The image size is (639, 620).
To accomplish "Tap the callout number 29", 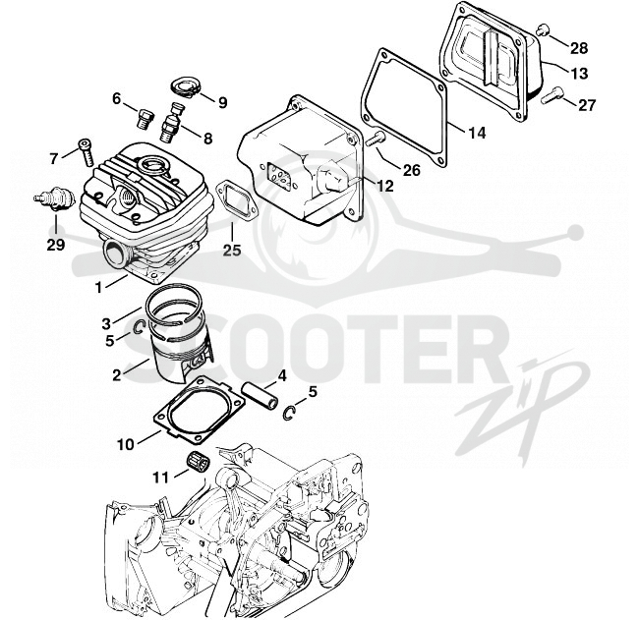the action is pyautogui.click(x=55, y=245).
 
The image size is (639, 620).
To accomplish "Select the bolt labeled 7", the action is pyautogui.click(x=86, y=152).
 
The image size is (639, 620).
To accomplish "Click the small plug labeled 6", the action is pyautogui.click(x=145, y=119).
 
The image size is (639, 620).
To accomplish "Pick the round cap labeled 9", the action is pyautogui.click(x=184, y=88).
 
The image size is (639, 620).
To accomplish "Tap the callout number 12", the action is pyautogui.click(x=384, y=186).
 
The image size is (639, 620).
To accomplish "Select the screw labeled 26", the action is pyautogui.click(x=376, y=140).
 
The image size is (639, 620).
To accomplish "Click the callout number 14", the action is pyautogui.click(x=476, y=133).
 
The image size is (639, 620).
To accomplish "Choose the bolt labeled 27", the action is pyautogui.click(x=552, y=95).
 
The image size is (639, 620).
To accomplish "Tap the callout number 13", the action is pyautogui.click(x=579, y=74).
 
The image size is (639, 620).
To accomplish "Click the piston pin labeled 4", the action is pyautogui.click(x=260, y=394).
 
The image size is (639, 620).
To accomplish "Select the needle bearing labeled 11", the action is pyautogui.click(x=198, y=462).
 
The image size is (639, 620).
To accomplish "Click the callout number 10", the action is pyautogui.click(x=126, y=444).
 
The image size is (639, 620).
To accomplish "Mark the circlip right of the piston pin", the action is pyautogui.click(x=289, y=413).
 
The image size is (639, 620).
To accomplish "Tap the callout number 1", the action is pyautogui.click(x=98, y=288).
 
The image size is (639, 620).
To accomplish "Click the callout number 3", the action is pyautogui.click(x=106, y=324).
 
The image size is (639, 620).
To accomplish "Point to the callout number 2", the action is pyautogui.click(x=117, y=375).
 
